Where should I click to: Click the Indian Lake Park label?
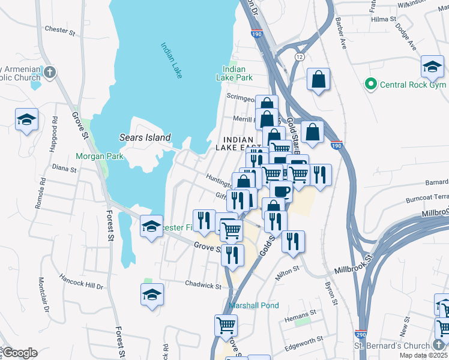click(x=234, y=73)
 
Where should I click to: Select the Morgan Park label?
click(x=99, y=157)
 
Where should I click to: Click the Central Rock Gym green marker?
click(x=371, y=85)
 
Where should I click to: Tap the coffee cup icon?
click(x=281, y=192)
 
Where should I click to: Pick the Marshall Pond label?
click(x=254, y=305)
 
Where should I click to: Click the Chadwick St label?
click(x=203, y=286)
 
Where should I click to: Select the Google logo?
click(x=20, y=353)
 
